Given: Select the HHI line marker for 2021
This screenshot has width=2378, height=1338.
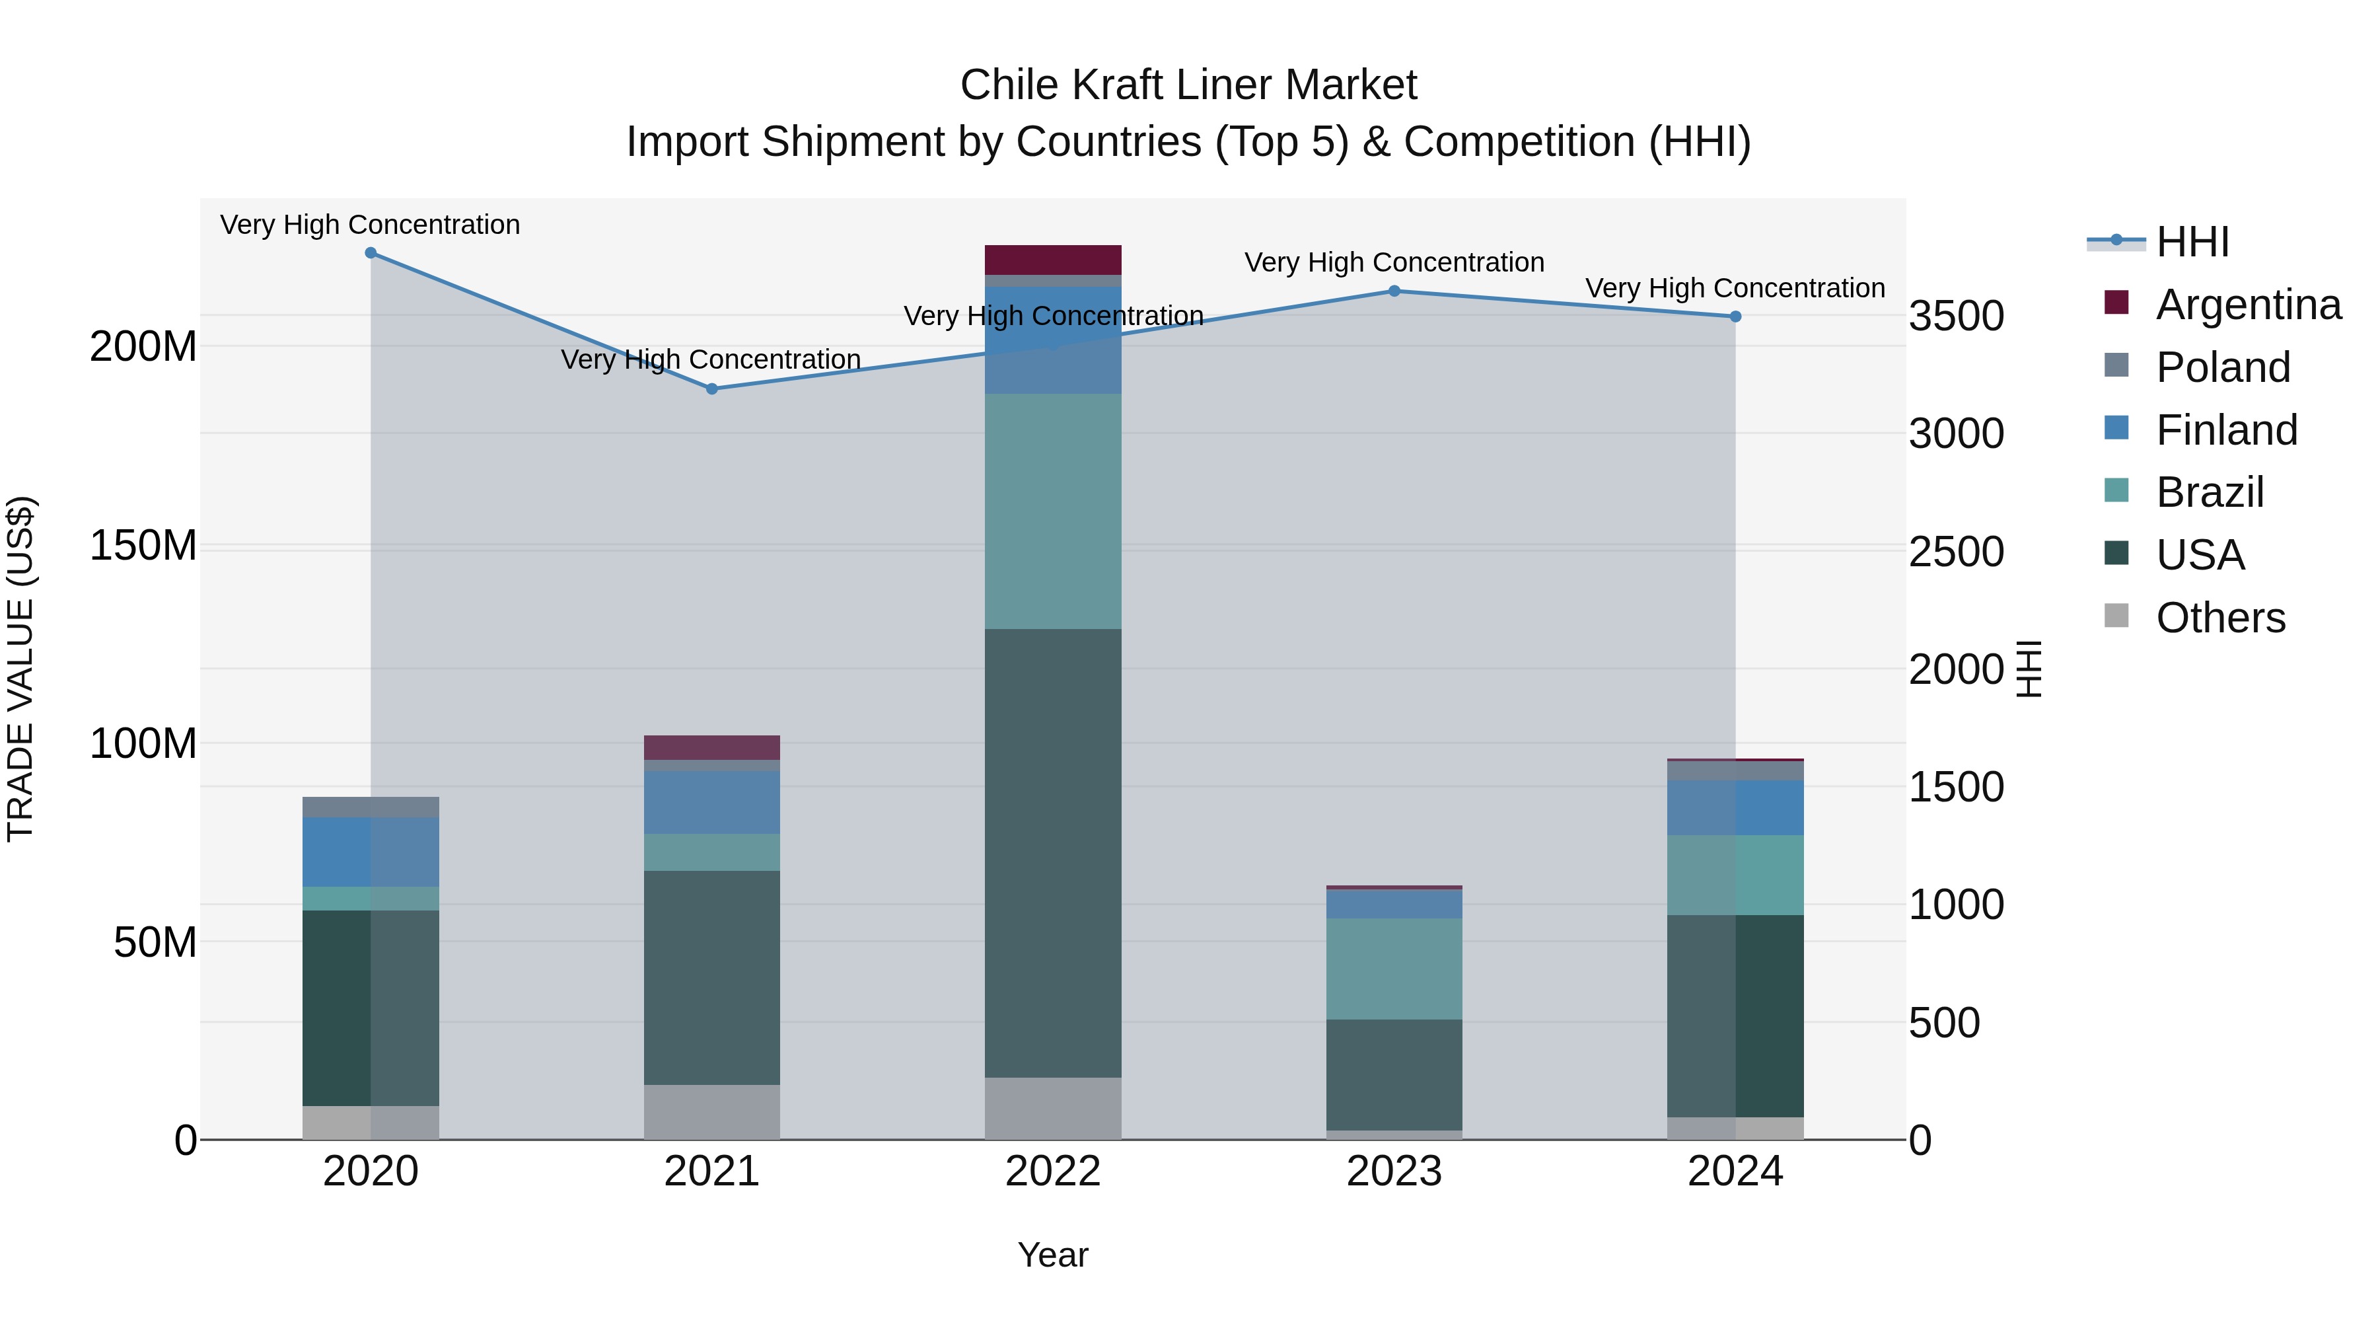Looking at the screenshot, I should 711,389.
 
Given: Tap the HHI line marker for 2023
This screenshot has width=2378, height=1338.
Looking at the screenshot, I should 1394,291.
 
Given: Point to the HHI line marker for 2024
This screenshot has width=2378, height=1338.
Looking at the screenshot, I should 1735,316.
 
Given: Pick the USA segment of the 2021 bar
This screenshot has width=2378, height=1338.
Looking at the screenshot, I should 711,977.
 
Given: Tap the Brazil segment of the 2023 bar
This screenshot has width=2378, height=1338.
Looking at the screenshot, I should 1394,969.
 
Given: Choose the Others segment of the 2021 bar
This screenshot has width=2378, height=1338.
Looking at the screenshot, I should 711,1112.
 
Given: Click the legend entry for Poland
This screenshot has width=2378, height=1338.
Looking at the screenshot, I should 2223,367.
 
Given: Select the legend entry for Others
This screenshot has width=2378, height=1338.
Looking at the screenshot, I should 2220,618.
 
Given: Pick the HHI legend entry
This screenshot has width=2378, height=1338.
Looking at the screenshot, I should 2192,242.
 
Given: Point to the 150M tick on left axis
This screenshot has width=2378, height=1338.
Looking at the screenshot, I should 143,545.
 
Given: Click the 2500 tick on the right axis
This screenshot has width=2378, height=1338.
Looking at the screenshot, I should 1956,552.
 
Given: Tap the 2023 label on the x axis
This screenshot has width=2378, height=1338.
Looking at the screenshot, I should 1394,1171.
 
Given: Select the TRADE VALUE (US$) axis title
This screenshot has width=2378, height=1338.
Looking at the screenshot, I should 20,669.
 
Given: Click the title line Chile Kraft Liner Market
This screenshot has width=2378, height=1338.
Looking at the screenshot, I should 1188,85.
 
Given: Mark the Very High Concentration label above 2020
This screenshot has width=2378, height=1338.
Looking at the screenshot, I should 370,225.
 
